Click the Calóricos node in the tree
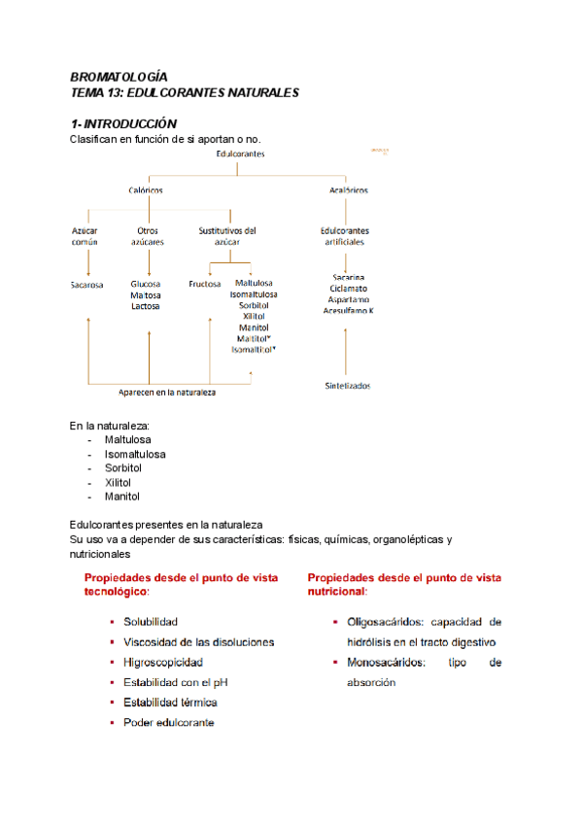[x=146, y=190]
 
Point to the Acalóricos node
[x=348, y=190]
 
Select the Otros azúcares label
[x=148, y=236]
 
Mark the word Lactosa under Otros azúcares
[x=146, y=306]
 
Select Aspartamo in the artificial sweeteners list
[x=348, y=299]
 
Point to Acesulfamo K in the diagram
[x=349, y=310]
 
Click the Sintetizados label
[x=348, y=386]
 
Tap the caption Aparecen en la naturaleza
[x=167, y=393]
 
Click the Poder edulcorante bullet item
[x=169, y=722]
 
